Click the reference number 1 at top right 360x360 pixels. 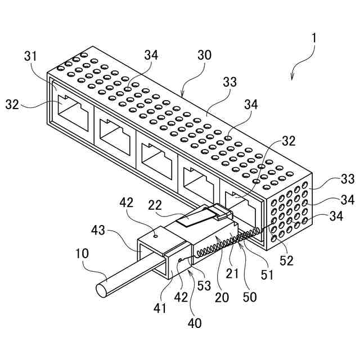(x=314, y=38)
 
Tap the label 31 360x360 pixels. (x=31, y=56)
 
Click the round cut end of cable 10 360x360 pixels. (x=101, y=291)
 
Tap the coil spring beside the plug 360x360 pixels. (x=225, y=244)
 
